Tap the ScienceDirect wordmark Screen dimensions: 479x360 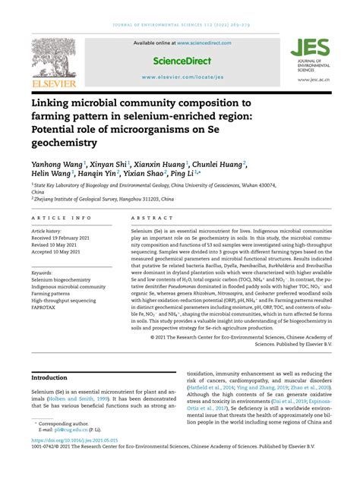182,60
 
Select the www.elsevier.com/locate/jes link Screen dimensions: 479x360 182,77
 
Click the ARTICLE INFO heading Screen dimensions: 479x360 58,217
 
